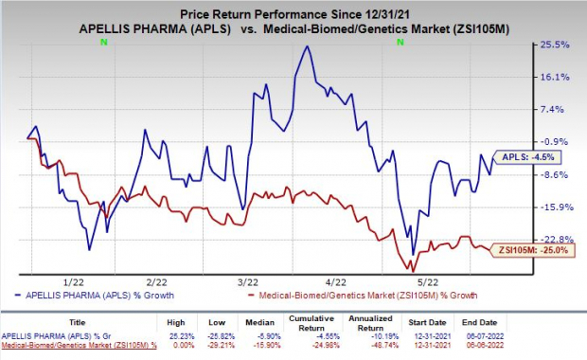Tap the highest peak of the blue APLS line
pos(306,46)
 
